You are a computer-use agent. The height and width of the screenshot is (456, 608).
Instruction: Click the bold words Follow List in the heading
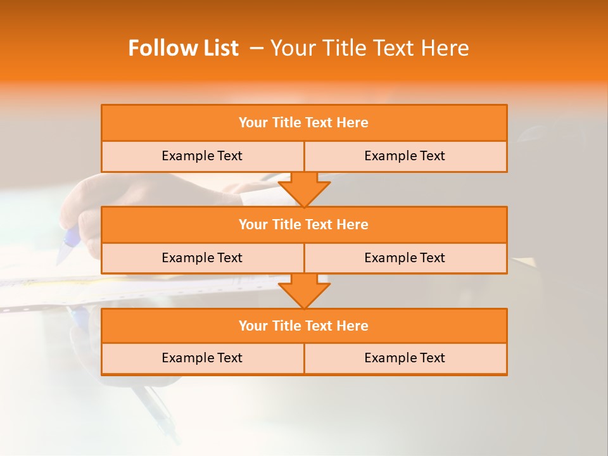(x=183, y=48)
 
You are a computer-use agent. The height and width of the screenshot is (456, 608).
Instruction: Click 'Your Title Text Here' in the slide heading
(x=369, y=48)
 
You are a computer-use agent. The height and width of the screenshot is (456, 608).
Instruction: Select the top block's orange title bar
(x=304, y=123)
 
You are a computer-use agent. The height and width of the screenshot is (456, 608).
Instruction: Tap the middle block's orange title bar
(x=304, y=224)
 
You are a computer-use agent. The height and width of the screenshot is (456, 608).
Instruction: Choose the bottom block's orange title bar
(x=304, y=326)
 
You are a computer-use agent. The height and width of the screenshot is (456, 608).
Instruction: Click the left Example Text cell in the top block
(x=202, y=156)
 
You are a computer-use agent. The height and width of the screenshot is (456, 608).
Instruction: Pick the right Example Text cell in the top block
(x=405, y=156)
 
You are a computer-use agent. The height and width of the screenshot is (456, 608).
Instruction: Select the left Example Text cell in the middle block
(x=202, y=258)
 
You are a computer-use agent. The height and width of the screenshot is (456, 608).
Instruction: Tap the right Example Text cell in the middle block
(x=405, y=258)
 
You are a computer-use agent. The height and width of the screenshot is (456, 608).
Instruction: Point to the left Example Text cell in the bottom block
(x=202, y=358)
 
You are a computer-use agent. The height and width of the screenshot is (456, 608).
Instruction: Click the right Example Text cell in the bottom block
(x=405, y=358)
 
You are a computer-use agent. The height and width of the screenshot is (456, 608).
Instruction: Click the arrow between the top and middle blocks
(x=304, y=189)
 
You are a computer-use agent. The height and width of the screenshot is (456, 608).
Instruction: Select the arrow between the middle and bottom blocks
(x=304, y=291)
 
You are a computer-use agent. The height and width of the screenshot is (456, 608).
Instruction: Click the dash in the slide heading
(x=256, y=48)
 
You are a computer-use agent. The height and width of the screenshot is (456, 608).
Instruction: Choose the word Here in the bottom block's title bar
(x=352, y=326)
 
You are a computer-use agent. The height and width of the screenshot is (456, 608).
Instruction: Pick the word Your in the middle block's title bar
(x=253, y=224)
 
